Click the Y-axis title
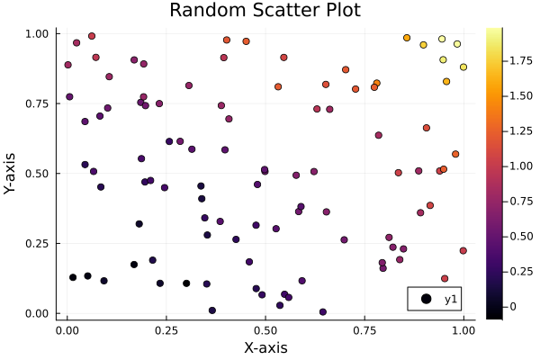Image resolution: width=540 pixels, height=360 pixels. click(x=11, y=173)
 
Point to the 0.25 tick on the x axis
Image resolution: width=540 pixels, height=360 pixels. click(x=166, y=330)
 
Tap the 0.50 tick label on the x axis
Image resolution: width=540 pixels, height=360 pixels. click(x=265, y=330)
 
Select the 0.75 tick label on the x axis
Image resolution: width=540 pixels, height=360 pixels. click(x=364, y=330)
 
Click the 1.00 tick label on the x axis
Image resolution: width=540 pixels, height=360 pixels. click(x=463, y=330)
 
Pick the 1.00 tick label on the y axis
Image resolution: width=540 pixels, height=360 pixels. click(x=39, y=33)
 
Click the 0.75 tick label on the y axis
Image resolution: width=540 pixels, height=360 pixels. click(x=39, y=103)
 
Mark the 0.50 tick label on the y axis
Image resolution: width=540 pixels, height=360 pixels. click(x=39, y=174)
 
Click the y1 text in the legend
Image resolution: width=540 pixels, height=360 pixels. click(x=450, y=300)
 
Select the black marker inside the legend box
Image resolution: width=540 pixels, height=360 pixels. click(x=423, y=300)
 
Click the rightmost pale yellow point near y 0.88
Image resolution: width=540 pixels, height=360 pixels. click(x=463, y=67)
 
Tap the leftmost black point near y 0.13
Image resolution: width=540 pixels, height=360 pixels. click(x=73, y=277)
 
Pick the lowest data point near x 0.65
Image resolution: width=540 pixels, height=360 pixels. click(x=323, y=312)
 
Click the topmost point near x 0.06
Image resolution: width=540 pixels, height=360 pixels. click(x=92, y=36)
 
